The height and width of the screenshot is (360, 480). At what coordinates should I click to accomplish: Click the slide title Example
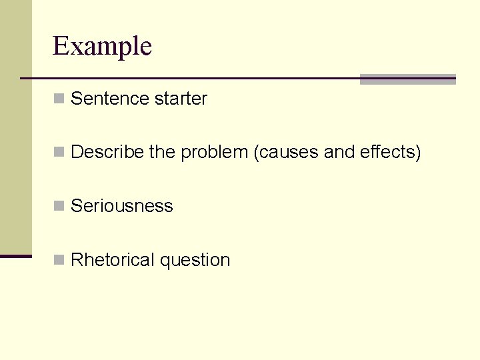[102, 47]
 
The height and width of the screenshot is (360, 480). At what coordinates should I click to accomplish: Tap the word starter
[181, 99]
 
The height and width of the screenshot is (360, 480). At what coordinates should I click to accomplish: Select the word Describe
[107, 153]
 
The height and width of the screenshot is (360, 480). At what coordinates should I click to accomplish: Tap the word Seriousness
[121, 206]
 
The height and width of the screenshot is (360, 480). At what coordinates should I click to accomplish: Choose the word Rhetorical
[113, 260]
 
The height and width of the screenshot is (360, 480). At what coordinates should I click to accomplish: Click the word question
[195, 260]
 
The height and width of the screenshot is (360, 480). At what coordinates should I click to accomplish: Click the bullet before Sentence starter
[59, 99]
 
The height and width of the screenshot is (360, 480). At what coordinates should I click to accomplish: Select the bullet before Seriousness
[59, 207]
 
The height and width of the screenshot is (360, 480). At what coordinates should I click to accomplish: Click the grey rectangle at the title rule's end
[407, 79]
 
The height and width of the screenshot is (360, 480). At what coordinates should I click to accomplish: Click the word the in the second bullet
[162, 153]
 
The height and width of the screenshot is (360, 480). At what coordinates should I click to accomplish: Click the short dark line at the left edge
[15, 256]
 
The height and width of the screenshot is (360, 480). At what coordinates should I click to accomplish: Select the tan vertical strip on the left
[15, 127]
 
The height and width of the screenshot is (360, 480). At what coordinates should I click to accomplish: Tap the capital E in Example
[60, 47]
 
